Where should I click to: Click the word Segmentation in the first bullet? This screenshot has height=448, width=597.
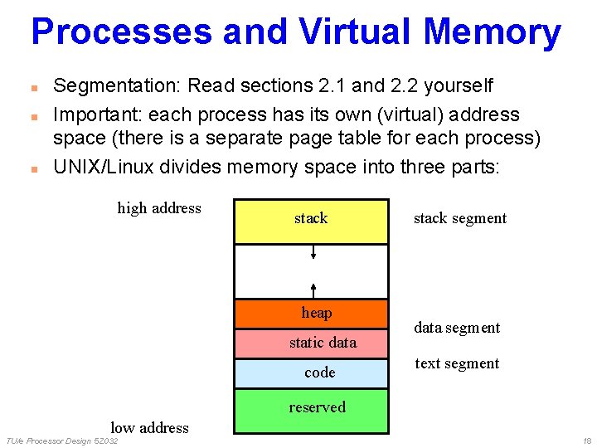[x=116, y=86]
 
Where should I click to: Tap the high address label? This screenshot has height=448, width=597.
[x=159, y=208]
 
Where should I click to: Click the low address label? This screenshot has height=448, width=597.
[x=149, y=428]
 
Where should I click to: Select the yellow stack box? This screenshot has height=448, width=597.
[x=311, y=221]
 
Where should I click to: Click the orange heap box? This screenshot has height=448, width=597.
[x=311, y=313]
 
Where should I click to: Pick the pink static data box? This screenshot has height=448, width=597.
[x=311, y=343]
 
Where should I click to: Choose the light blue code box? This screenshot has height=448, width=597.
[x=311, y=373]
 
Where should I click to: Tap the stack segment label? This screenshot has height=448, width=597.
[x=459, y=219]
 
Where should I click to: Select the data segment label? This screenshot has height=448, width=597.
[x=457, y=328]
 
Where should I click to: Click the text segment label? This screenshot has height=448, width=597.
[x=457, y=363]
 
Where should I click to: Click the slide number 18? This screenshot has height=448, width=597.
[x=587, y=441]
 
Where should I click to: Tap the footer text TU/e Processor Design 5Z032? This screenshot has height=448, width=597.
[x=62, y=441]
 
